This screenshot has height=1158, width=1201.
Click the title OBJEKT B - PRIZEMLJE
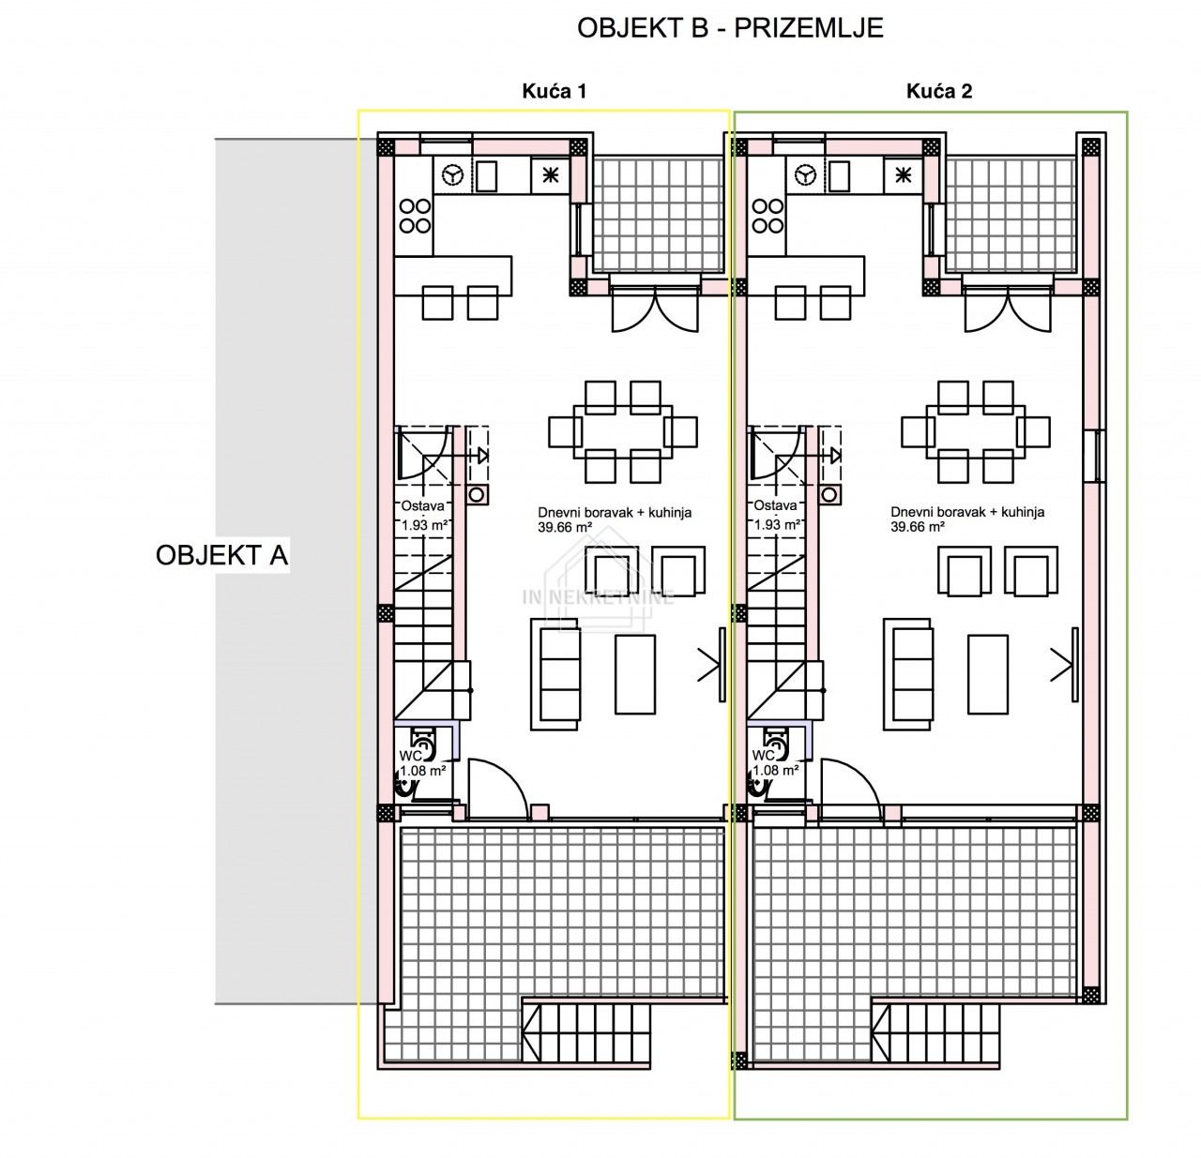coord(730,28)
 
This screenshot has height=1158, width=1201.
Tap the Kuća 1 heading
coord(555,91)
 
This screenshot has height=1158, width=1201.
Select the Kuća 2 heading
coord(938,91)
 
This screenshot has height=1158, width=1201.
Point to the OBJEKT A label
coord(221,555)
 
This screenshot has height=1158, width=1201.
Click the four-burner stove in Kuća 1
coord(415,216)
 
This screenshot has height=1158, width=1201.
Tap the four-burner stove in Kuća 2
coord(768,216)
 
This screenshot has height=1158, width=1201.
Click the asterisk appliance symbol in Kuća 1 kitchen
coord(550,175)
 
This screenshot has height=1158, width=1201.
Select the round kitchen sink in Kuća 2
coord(805,175)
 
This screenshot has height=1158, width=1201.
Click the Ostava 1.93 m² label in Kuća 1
coord(423,516)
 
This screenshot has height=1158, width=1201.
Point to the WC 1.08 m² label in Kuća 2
coord(776,762)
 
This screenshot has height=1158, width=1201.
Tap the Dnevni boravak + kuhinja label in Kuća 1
coord(615,512)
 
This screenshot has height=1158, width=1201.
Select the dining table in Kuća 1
coord(623,431)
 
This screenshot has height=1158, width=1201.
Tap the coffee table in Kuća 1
coord(635,674)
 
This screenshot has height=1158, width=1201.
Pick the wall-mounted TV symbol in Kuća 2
coord(1074,665)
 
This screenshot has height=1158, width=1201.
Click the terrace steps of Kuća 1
coord(586,1035)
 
